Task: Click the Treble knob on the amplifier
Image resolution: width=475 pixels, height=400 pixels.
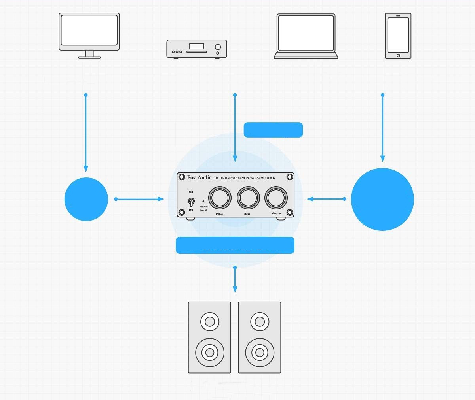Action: [219, 197]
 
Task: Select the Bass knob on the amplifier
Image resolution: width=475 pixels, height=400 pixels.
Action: [248, 197]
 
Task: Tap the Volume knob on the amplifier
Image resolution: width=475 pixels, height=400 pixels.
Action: [276, 197]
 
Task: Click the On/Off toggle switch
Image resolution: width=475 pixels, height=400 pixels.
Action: [191, 202]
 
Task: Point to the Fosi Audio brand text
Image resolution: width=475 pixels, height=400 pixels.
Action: [199, 177]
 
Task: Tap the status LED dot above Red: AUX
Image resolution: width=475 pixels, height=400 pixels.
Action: [203, 201]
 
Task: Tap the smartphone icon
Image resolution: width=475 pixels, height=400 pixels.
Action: [398, 36]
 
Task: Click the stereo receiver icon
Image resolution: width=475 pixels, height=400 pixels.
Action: [197, 49]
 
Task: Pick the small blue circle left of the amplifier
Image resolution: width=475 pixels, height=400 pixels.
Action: [86, 199]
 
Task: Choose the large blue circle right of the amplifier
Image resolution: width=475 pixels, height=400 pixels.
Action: [382, 199]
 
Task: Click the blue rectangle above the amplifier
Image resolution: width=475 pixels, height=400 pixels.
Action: [273, 130]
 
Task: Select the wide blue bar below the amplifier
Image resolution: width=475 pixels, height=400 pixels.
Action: [235, 245]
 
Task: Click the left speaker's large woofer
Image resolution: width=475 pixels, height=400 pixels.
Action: [209, 351]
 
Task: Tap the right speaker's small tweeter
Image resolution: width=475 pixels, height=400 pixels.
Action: [260, 321]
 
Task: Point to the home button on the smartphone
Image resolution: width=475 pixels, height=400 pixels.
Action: [398, 55]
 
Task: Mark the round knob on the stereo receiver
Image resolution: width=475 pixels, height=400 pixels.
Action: [218, 47]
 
